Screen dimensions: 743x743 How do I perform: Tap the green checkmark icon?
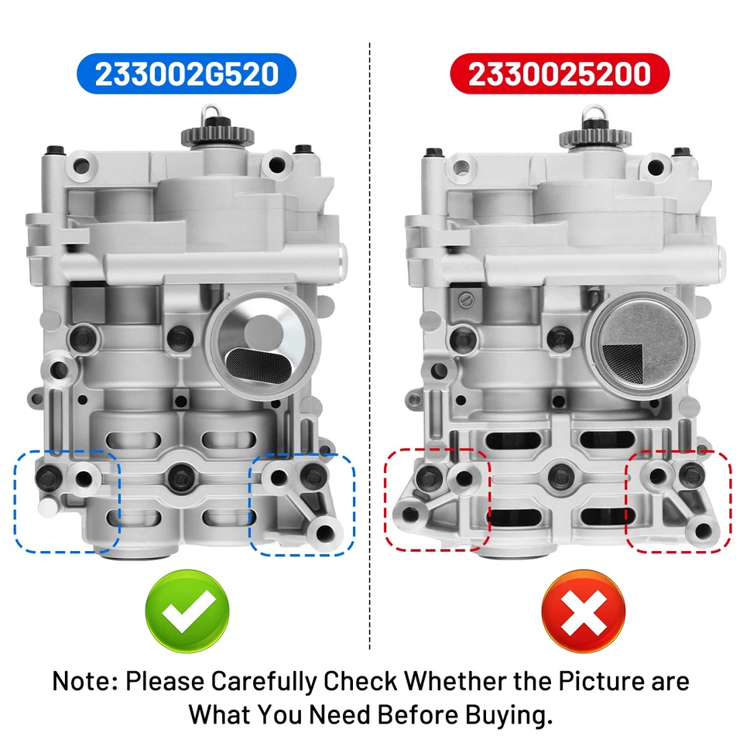click(x=187, y=611)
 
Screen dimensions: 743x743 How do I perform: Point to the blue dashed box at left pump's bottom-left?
click(x=67, y=502)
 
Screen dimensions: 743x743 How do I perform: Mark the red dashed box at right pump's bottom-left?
click(x=437, y=499)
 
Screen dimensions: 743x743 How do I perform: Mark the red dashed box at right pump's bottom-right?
click(x=679, y=502)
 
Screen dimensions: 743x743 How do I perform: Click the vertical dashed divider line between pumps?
click(x=371, y=348)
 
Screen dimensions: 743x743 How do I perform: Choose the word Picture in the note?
click(x=587, y=682)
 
